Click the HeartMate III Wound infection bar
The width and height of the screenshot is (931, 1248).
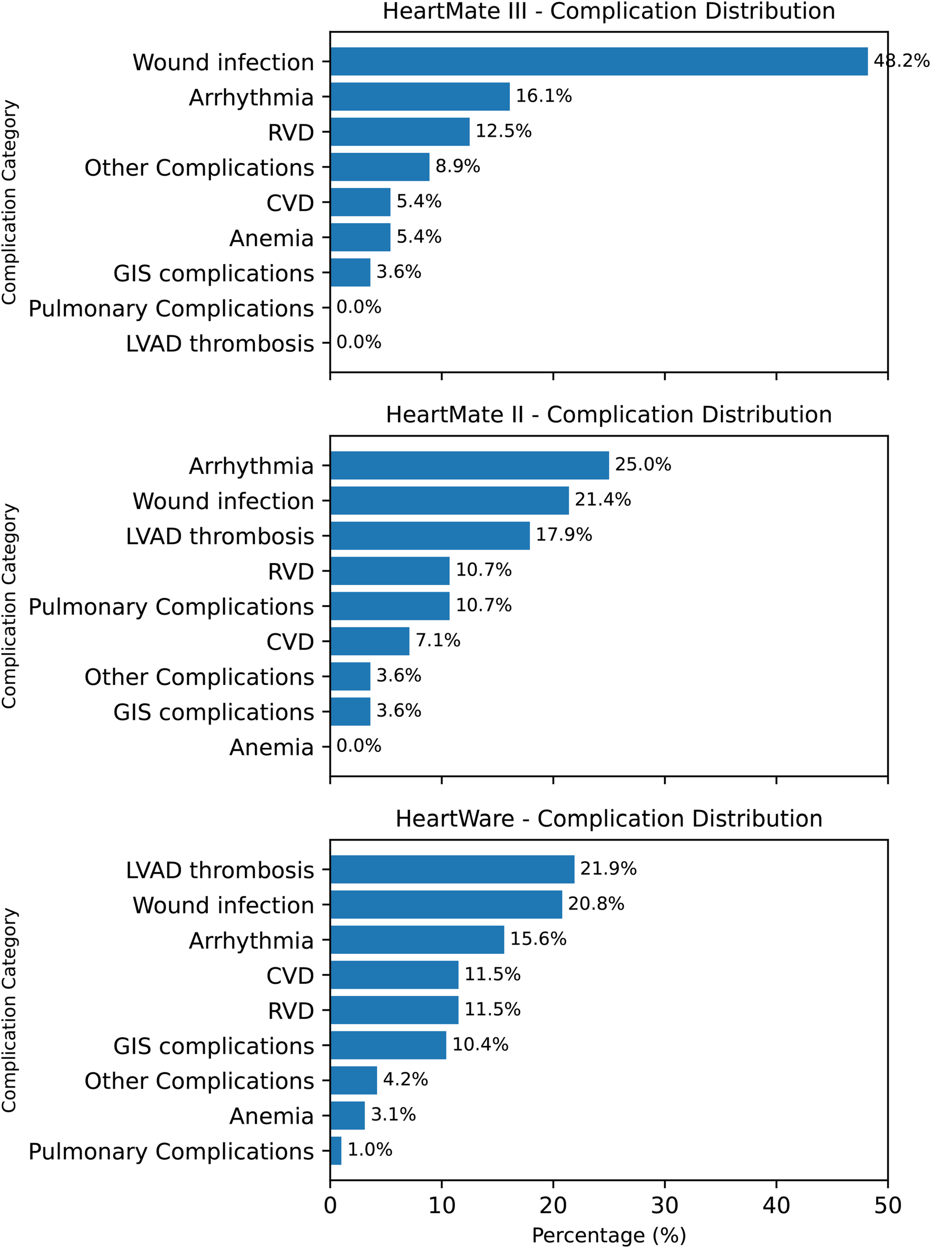click(x=599, y=61)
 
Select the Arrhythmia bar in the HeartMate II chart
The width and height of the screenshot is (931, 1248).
click(x=469, y=465)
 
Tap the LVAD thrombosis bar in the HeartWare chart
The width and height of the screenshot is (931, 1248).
click(x=452, y=869)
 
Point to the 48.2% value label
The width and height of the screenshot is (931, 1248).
click(x=901, y=60)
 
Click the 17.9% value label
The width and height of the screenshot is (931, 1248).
click(x=564, y=535)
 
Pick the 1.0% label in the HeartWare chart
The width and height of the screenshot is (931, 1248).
click(x=370, y=1149)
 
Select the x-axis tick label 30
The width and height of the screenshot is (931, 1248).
click(x=665, y=1206)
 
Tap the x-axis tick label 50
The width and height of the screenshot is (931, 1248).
click(x=888, y=1206)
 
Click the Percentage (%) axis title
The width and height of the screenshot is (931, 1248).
click(x=609, y=1235)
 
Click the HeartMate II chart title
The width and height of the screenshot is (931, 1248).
click(x=609, y=414)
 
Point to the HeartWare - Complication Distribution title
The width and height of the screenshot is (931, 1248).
click(x=609, y=818)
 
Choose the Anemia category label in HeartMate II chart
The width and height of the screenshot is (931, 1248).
click(x=271, y=747)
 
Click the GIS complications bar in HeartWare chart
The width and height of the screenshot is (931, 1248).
click(x=388, y=1045)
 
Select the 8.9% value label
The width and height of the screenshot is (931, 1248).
click(x=458, y=166)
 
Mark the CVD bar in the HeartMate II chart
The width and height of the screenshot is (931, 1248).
click(x=370, y=641)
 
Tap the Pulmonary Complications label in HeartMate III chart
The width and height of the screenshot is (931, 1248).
click(x=171, y=309)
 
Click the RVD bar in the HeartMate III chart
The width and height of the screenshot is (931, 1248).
click(x=400, y=131)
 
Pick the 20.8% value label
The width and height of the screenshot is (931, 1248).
click(x=596, y=904)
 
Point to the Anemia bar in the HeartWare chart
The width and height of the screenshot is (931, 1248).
click(x=347, y=1116)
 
